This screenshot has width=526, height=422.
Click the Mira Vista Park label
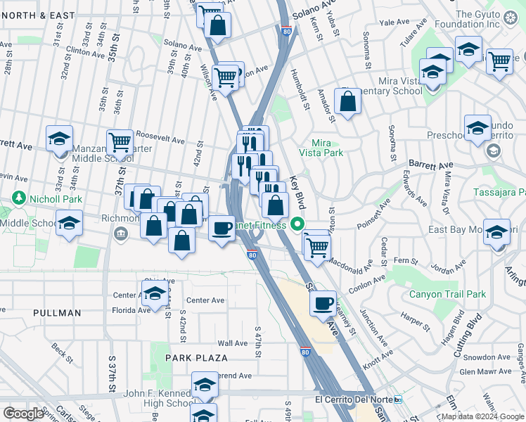pyautogui.click(x=326, y=147)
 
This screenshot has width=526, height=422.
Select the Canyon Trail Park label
pyautogui.click(x=447, y=294)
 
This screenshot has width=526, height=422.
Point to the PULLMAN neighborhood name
pyautogui.click(x=57, y=312)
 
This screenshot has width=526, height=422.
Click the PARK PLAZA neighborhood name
pyautogui.click(x=196, y=358)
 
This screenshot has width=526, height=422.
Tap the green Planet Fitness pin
pyautogui.click(x=297, y=225)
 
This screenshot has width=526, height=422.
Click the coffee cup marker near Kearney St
pyautogui.click(x=323, y=303)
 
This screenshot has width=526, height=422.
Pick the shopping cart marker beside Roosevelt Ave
pyautogui.click(x=120, y=141)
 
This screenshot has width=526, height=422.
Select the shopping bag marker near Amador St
pyautogui.click(x=348, y=101)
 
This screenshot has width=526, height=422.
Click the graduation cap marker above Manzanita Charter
pyautogui.click(x=60, y=137)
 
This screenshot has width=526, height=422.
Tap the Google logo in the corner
pyautogui.click(x=23, y=414)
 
